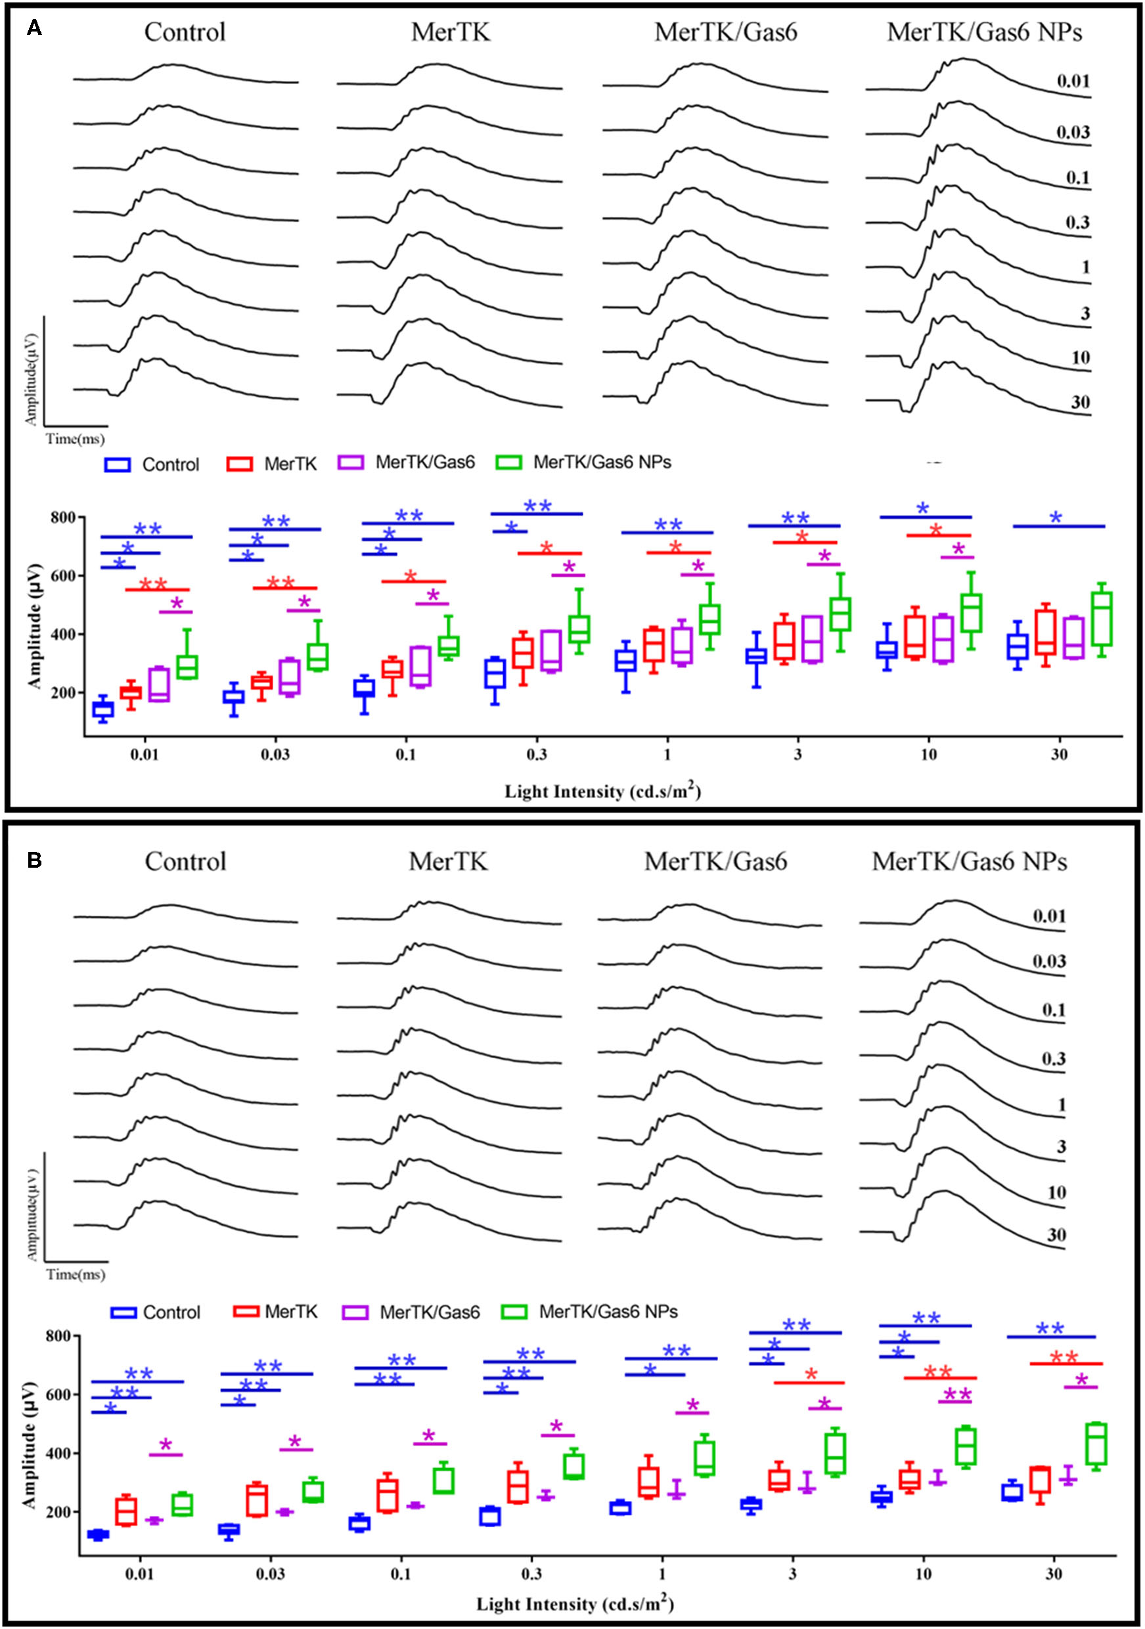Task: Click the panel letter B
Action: click(34, 860)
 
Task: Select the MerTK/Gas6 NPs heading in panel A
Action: click(984, 33)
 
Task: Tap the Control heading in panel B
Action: click(185, 861)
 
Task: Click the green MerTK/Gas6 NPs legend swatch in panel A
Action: click(508, 462)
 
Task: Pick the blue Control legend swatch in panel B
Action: click(123, 1312)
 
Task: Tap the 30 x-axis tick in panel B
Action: click(1054, 1574)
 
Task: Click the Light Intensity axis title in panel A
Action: click(602, 791)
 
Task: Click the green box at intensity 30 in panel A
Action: click(1101, 619)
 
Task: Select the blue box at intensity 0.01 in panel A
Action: click(103, 709)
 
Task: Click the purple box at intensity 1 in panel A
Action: click(682, 645)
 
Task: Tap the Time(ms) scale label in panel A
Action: click(75, 439)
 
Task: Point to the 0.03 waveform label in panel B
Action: click(1048, 961)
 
